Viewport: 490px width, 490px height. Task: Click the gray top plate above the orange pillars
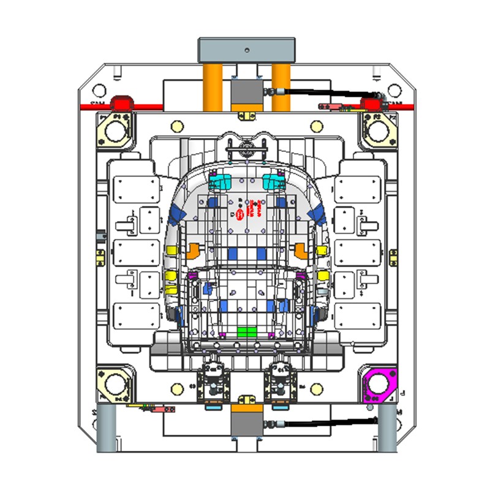click(x=246, y=49)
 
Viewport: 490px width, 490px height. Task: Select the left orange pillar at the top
click(x=212, y=86)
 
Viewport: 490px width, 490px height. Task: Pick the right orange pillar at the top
click(x=281, y=86)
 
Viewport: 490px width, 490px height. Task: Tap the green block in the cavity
click(x=246, y=332)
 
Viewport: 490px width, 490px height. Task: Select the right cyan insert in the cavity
click(x=272, y=181)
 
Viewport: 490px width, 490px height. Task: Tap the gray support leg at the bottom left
click(x=107, y=429)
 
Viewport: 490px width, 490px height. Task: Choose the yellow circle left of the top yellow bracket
click(x=178, y=126)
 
